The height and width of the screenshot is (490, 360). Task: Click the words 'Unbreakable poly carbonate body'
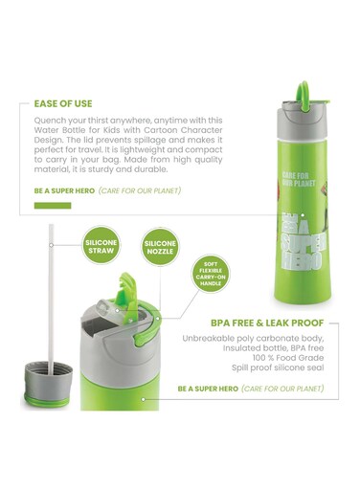click(x=251, y=340)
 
